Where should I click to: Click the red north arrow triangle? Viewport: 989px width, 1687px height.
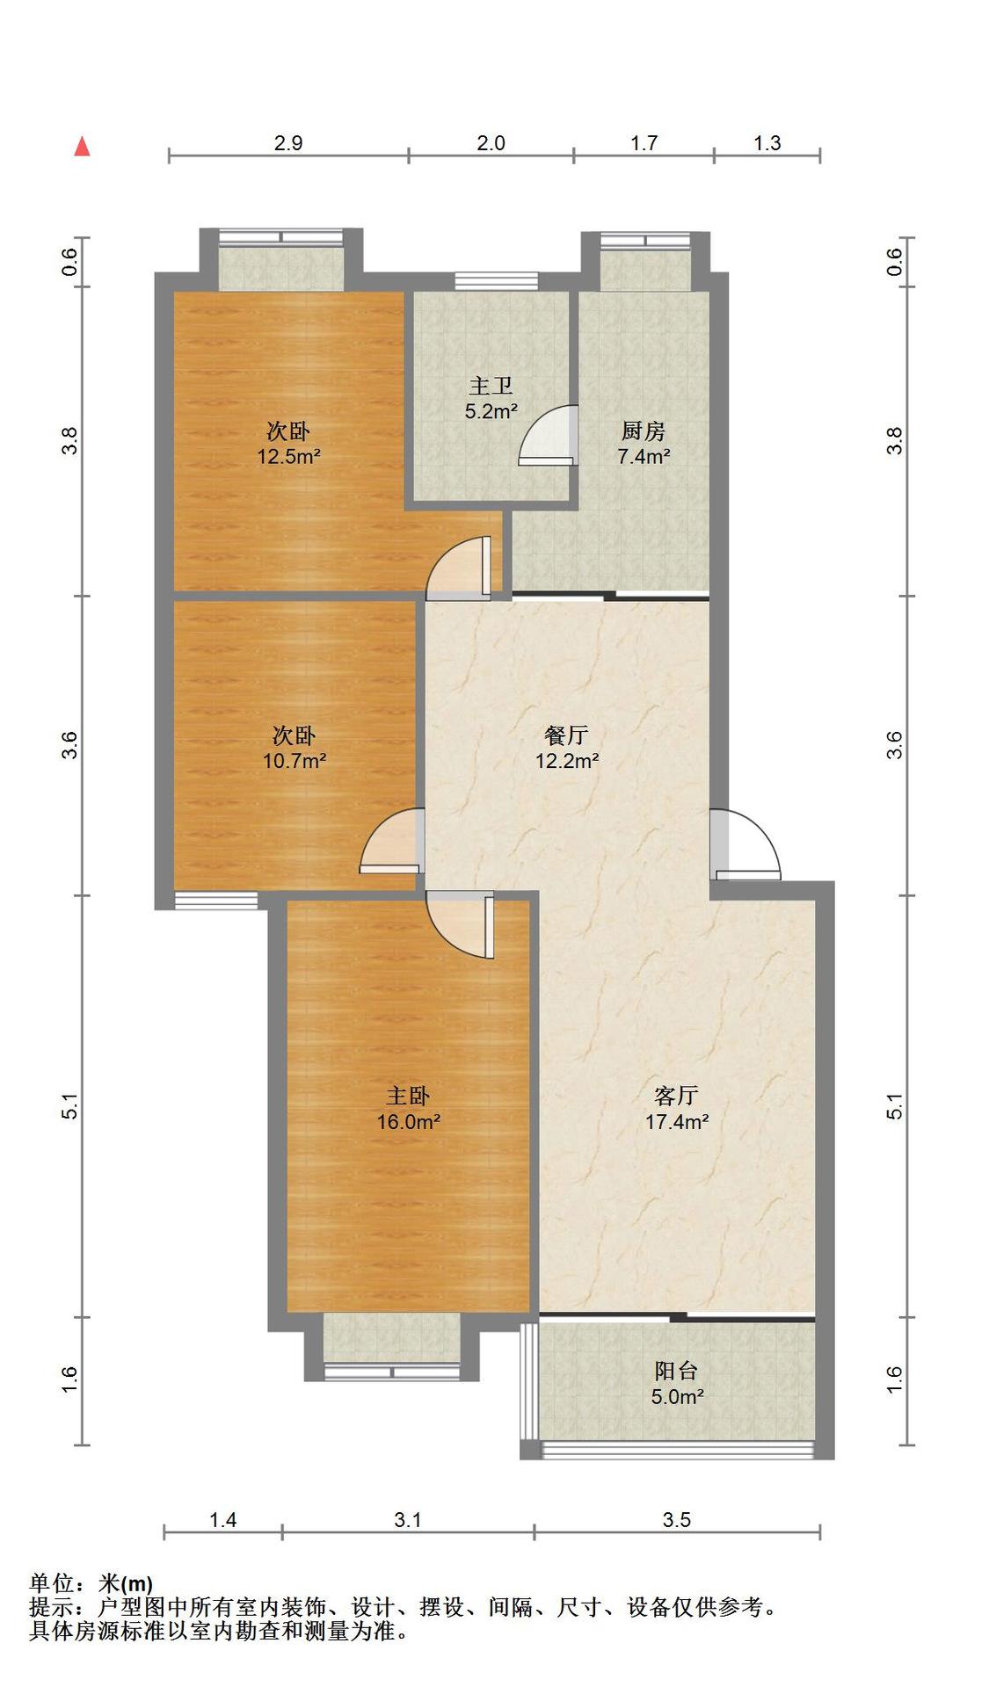tap(82, 146)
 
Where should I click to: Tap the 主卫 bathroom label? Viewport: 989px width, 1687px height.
tap(491, 385)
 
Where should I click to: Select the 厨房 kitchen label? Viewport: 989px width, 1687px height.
tap(644, 431)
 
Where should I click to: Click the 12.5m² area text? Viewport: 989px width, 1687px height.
tap(288, 456)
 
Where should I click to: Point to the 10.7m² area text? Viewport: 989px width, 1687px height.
tap(295, 760)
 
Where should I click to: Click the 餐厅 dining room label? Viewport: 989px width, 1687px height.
tap(566, 735)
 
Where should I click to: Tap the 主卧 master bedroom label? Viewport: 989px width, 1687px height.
tap(408, 1096)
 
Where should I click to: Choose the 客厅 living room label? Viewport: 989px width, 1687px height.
tap(676, 1096)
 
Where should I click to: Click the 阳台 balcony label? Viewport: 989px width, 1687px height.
tap(676, 1371)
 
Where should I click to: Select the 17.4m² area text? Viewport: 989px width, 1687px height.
tap(677, 1121)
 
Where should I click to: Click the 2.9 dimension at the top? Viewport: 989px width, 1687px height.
tap(288, 143)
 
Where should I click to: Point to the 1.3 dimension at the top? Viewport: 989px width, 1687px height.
tap(767, 143)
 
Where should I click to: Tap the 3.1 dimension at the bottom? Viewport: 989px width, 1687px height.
tap(407, 1519)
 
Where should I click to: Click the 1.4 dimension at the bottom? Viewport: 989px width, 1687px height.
tap(222, 1519)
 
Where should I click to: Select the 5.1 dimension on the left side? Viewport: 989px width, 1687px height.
tap(70, 1106)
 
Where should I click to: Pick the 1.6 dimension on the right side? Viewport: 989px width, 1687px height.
tap(894, 1379)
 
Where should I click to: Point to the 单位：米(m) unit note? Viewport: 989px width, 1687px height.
tap(91, 1583)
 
